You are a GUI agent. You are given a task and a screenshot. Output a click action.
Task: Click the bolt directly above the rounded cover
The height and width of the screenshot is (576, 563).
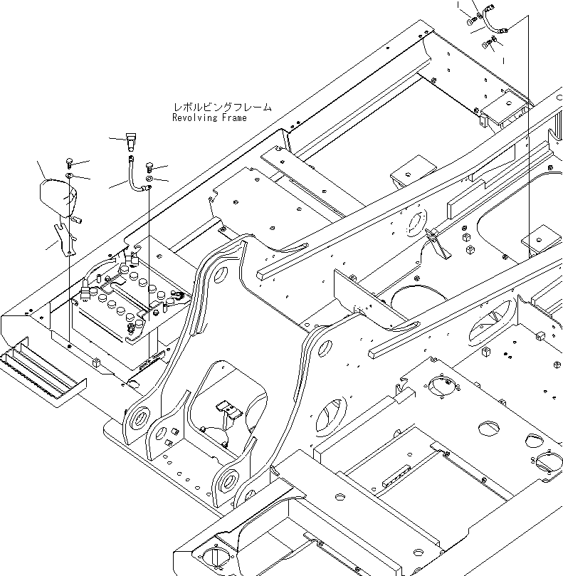tap(70, 162)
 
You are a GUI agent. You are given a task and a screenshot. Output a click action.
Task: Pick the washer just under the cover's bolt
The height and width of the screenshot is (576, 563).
tap(70, 174)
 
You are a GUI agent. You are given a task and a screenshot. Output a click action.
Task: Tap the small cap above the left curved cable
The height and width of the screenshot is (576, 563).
tap(130, 139)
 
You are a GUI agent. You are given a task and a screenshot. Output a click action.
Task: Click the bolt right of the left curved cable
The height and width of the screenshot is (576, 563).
tap(149, 167)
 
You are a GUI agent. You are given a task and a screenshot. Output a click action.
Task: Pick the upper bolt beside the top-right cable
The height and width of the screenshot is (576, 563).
tap(472, 21)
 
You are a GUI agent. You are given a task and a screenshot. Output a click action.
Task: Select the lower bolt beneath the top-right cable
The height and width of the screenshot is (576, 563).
tap(487, 44)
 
